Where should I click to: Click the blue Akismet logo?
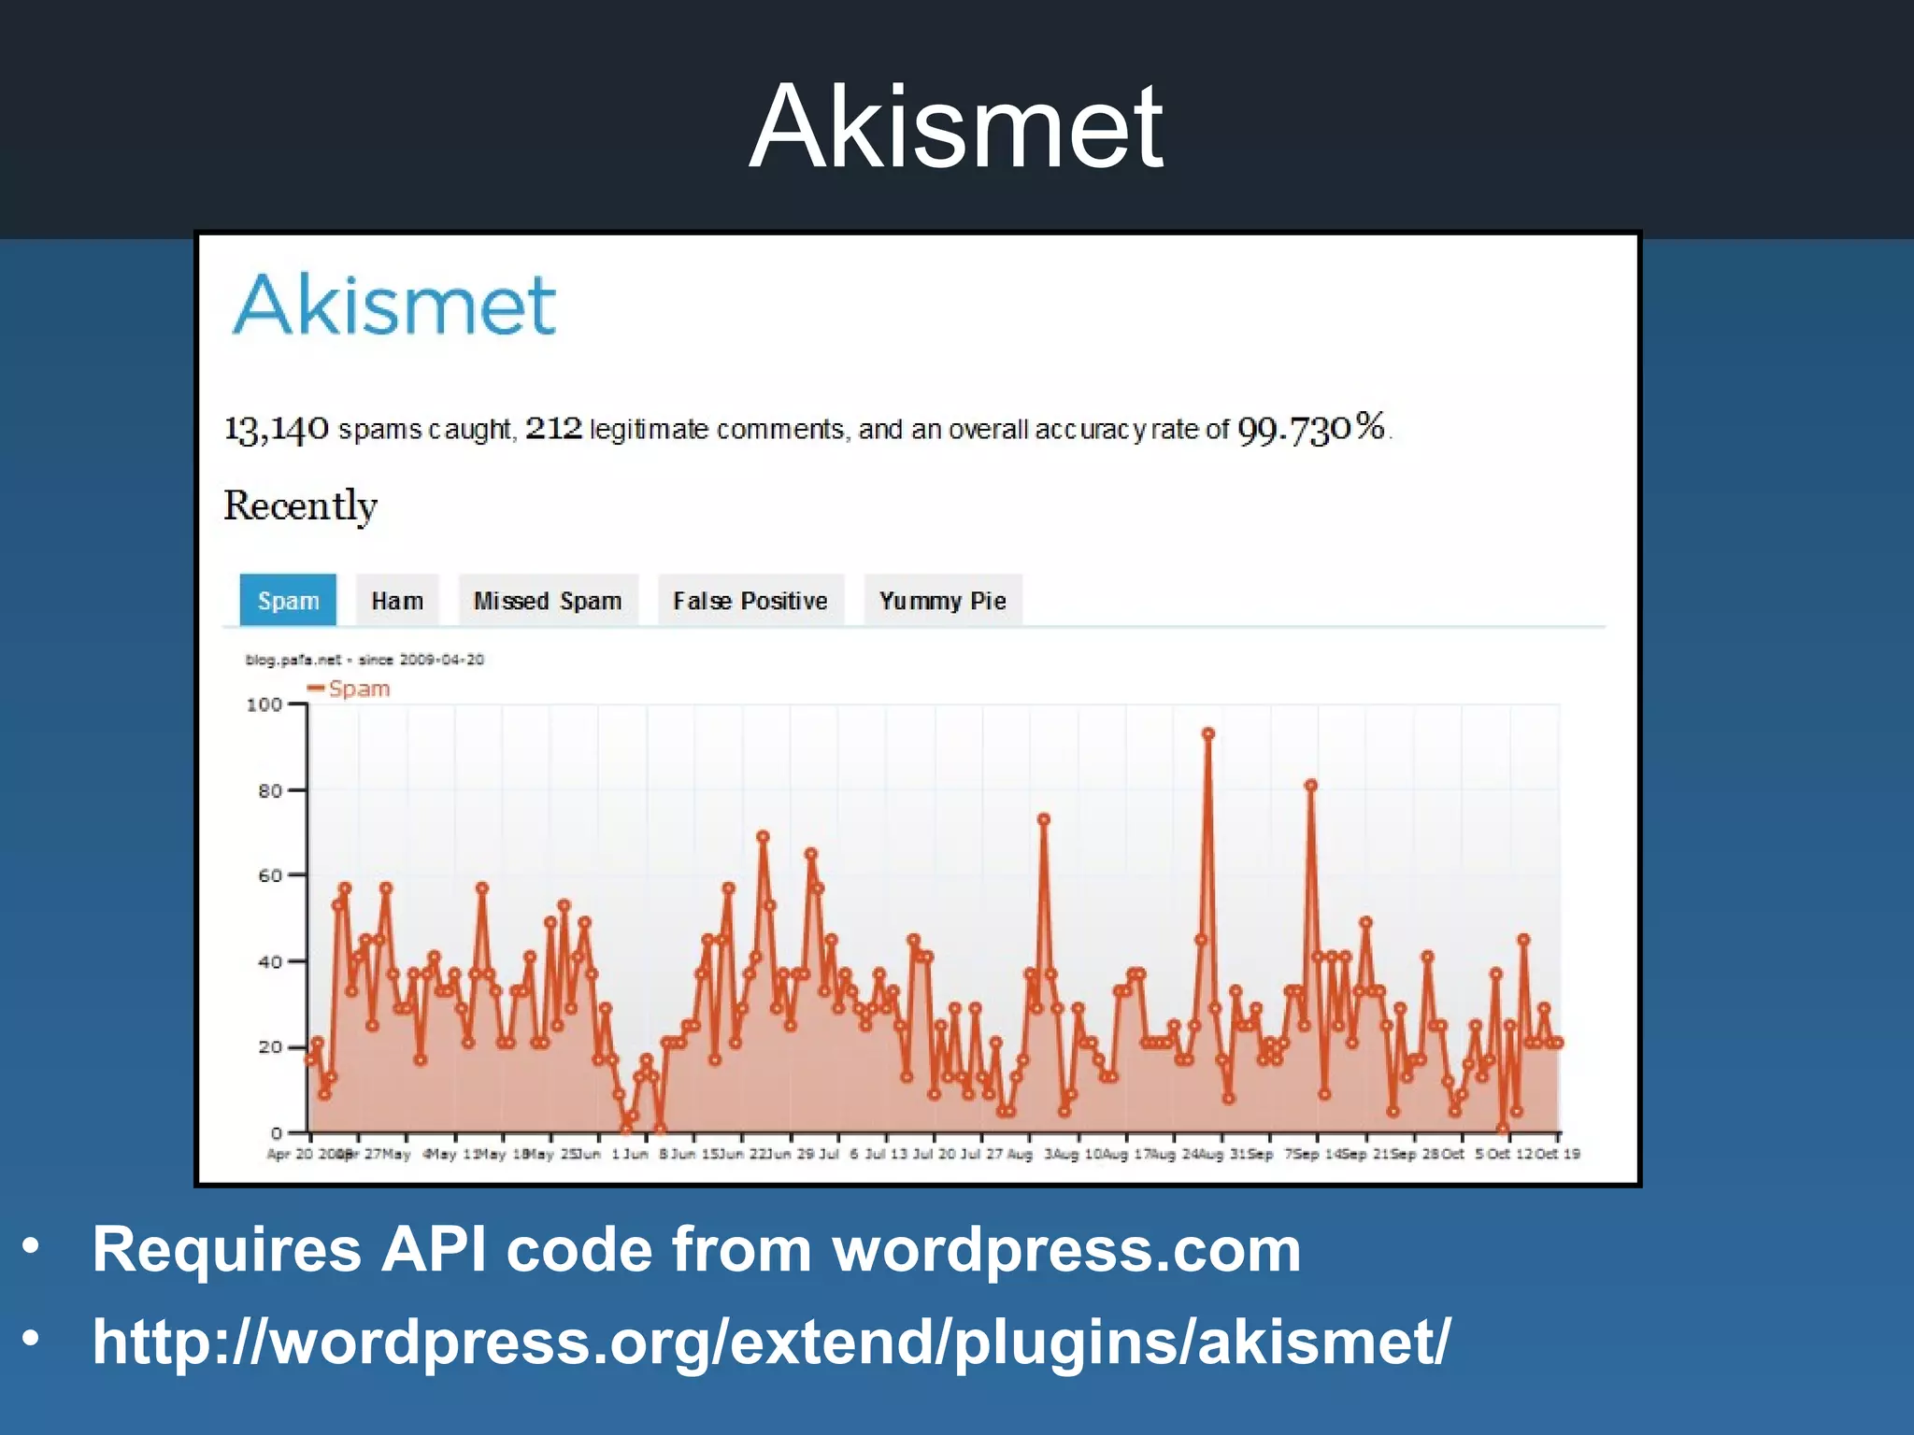pyautogui.click(x=394, y=305)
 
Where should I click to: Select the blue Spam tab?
pyautogui.click(x=288, y=601)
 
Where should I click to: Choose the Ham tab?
pyautogui.click(x=397, y=601)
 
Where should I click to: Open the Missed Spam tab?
pyautogui.click(x=548, y=601)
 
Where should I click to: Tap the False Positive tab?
pyautogui.click(x=750, y=601)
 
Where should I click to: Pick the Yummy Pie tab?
pyautogui.click(x=942, y=601)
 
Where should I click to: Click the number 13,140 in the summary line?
pyautogui.click(x=277, y=429)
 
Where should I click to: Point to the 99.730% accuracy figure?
pyautogui.click(x=1310, y=429)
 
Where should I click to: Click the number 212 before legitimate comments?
pyautogui.click(x=553, y=428)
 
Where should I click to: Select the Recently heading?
pyautogui.click(x=300, y=506)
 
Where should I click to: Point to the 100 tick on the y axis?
pyautogui.click(x=264, y=704)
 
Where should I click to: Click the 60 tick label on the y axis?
pyautogui.click(x=269, y=875)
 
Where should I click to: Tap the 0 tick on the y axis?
pyautogui.click(x=276, y=1133)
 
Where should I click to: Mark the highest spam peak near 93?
pyautogui.click(x=1207, y=734)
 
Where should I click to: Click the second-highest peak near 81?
pyautogui.click(x=1311, y=786)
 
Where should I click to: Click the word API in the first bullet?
pyautogui.click(x=434, y=1249)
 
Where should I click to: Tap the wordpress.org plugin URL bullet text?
pyautogui.click(x=771, y=1341)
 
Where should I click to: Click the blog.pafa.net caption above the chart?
pyautogui.click(x=364, y=660)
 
